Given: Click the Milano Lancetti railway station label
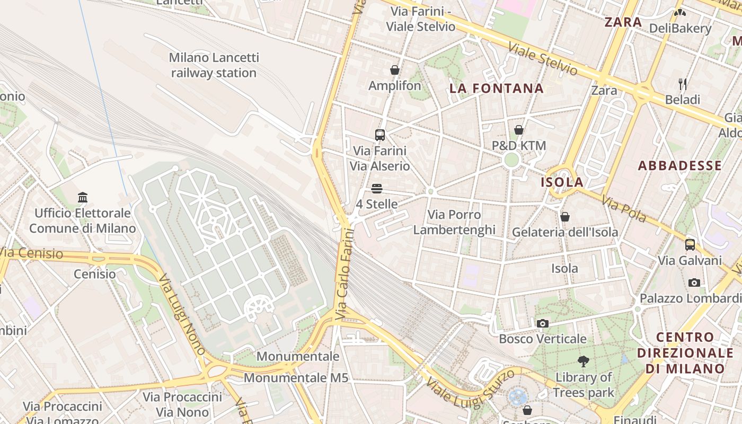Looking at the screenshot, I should (214, 65).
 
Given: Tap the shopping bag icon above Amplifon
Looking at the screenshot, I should (395, 70).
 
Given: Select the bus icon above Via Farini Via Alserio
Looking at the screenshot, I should (379, 135).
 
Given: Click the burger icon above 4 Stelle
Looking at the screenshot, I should (377, 189).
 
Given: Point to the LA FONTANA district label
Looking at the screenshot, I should (497, 89).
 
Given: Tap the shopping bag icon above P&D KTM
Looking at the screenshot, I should (519, 130).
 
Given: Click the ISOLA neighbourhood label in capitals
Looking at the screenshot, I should (562, 182).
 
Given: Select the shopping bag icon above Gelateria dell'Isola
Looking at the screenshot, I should (565, 217).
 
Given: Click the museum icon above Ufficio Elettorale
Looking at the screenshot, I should (83, 198).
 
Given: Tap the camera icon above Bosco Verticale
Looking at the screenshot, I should (542, 323).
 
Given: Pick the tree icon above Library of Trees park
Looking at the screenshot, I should (584, 361).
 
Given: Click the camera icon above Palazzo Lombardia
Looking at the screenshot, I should (694, 282).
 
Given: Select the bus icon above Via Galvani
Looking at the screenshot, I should (690, 244).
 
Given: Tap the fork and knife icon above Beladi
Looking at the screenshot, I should (683, 84).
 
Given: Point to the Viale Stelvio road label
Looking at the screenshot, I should (543, 58).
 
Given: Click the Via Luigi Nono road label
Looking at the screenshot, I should (182, 314).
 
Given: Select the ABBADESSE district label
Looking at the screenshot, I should (679, 165).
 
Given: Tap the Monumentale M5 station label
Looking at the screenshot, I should (296, 378).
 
